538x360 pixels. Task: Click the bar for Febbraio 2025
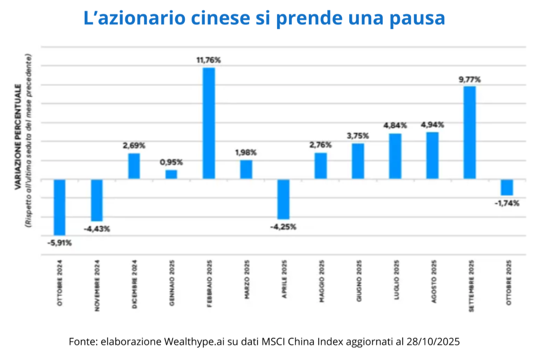(209, 123)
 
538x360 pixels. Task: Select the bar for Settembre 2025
(470, 132)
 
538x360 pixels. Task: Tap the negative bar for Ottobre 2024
(60, 207)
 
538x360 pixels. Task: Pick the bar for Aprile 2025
(283, 199)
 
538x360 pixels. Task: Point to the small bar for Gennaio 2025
(171, 174)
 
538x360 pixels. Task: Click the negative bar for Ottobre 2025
(507, 187)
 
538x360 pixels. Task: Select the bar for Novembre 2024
(97, 200)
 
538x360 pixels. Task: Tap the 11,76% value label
(209, 60)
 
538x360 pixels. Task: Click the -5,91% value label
(60, 243)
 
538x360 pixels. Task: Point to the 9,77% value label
(470, 79)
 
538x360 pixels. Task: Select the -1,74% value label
(507, 203)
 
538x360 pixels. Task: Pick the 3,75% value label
(358, 136)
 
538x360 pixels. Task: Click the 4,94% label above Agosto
(432, 124)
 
